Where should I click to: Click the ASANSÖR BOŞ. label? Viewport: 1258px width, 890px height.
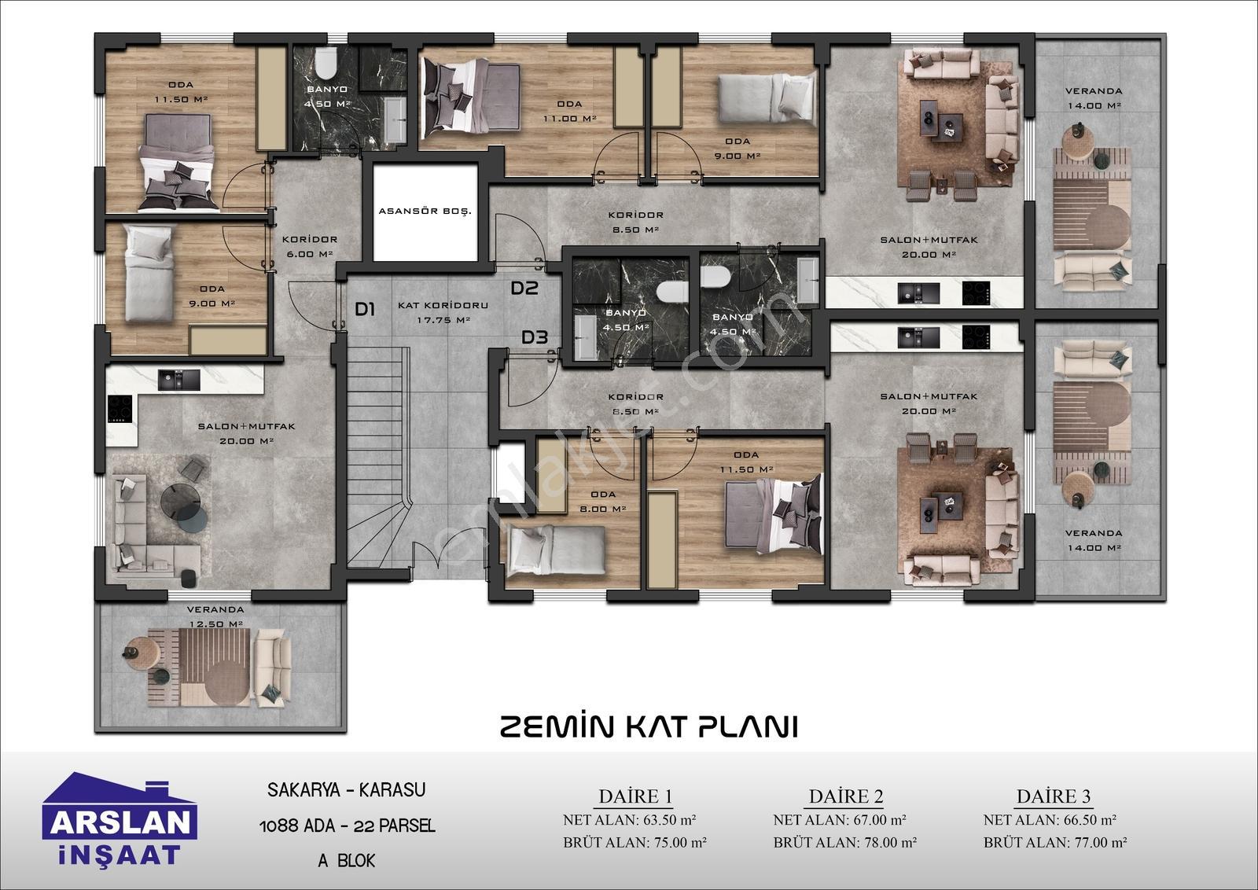[425, 211]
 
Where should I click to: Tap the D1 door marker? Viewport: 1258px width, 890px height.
[365, 309]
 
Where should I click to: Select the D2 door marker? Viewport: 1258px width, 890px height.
[524, 288]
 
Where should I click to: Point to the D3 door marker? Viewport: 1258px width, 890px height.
[534, 337]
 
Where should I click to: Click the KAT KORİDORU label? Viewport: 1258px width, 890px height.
[443, 306]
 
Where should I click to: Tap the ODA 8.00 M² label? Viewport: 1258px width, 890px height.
[602, 502]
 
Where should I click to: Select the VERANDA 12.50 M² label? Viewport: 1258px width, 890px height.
[215, 616]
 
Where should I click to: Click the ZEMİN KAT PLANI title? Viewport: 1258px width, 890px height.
[649, 726]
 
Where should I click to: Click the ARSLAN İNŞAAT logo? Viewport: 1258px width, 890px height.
[120, 820]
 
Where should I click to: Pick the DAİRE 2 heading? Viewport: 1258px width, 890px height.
[846, 796]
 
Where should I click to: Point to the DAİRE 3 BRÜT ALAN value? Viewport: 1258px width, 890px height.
[1055, 842]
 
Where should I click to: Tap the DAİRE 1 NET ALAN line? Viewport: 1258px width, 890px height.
[630, 820]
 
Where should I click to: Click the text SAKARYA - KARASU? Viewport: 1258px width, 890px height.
[347, 790]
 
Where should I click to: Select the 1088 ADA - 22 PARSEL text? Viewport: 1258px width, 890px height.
[347, 826]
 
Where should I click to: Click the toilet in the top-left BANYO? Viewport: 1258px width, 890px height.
[326, 63]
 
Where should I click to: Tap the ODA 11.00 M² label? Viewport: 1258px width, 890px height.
[569, 111]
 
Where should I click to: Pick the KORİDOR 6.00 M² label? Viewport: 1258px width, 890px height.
[310, 247]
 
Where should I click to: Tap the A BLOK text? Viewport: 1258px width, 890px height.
[347, 860]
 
